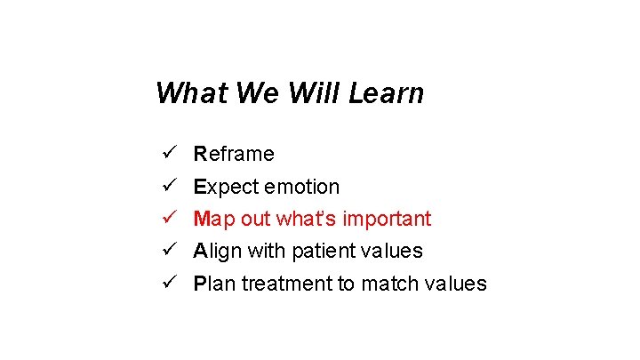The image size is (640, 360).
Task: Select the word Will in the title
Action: pos(311,92)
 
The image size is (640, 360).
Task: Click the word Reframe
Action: pos(234,154)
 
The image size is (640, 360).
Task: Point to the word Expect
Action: pos(219,187)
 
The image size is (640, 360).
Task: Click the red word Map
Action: pos(212,219)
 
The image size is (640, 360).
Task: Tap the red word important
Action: pos(389,219)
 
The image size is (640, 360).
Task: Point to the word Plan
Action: pos(214,284)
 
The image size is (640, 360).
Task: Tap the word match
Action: pos(384,284)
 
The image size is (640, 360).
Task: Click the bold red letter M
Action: pos(202,219)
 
